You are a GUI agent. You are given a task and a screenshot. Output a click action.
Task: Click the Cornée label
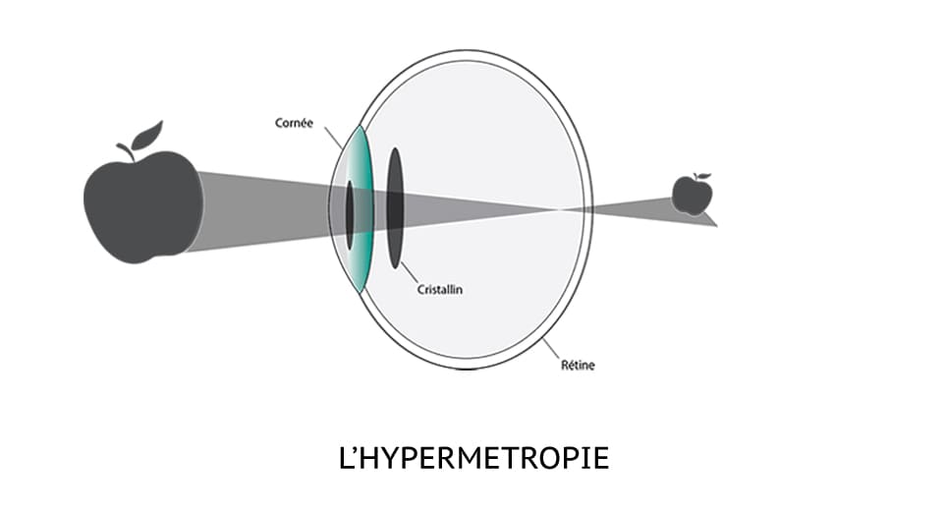[x=294, y=123]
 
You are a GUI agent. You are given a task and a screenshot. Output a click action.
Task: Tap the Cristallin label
[x=440, y=290]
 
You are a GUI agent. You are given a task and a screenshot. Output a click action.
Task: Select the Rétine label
[x=578, y=365]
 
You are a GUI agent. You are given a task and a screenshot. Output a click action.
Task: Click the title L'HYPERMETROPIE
[x=473, y=458]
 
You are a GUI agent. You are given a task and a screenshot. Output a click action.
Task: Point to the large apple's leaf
[x=147, y=136]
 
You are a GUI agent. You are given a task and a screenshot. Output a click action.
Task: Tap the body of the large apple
[x=143, y=207]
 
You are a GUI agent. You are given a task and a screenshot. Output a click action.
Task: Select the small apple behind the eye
[x=692, y=195]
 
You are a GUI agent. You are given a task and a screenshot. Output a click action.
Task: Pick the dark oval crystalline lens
[x=395, y=208]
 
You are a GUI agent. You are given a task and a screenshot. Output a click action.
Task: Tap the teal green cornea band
[x=362, y=208]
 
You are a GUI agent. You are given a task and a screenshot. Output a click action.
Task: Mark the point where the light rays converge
[x=558, y=209]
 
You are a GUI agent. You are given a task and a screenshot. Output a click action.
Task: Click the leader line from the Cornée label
[x=333, y=139]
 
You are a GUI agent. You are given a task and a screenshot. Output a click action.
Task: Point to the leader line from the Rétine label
[x=551, y=349]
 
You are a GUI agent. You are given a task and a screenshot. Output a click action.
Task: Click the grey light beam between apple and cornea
[x=265, y=210]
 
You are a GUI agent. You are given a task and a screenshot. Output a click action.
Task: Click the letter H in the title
[x=368, y=458]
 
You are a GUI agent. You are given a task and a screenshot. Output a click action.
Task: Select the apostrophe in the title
[x=354, y=450]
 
